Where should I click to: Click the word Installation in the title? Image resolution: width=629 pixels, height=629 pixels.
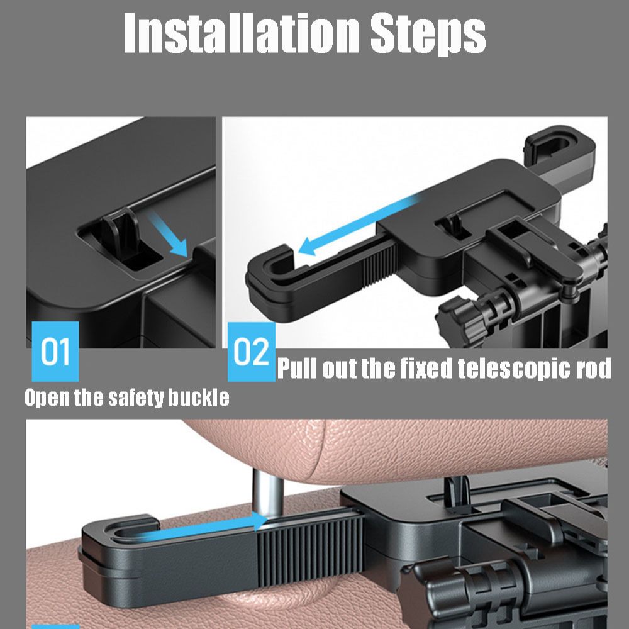(x=242, y=33)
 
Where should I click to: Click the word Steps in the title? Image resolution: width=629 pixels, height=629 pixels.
(x=428, y=34)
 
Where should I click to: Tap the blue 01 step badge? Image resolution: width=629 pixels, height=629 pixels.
(x=55, y=352)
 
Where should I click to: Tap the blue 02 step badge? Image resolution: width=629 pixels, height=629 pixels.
(x=251, y=352)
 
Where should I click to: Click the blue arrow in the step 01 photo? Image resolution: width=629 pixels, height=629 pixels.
(x=168, y=233)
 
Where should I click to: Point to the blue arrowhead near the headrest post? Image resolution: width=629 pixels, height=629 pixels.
(x=259, y=521)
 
